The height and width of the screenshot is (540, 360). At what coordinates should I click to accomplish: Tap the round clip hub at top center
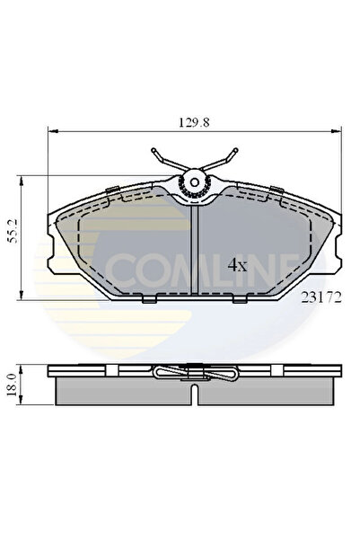192,184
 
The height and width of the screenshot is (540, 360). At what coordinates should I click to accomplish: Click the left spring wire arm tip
154,150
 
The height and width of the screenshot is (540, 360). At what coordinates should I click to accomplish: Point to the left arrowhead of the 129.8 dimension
51,128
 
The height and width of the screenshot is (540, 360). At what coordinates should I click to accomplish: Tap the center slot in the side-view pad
194,391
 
